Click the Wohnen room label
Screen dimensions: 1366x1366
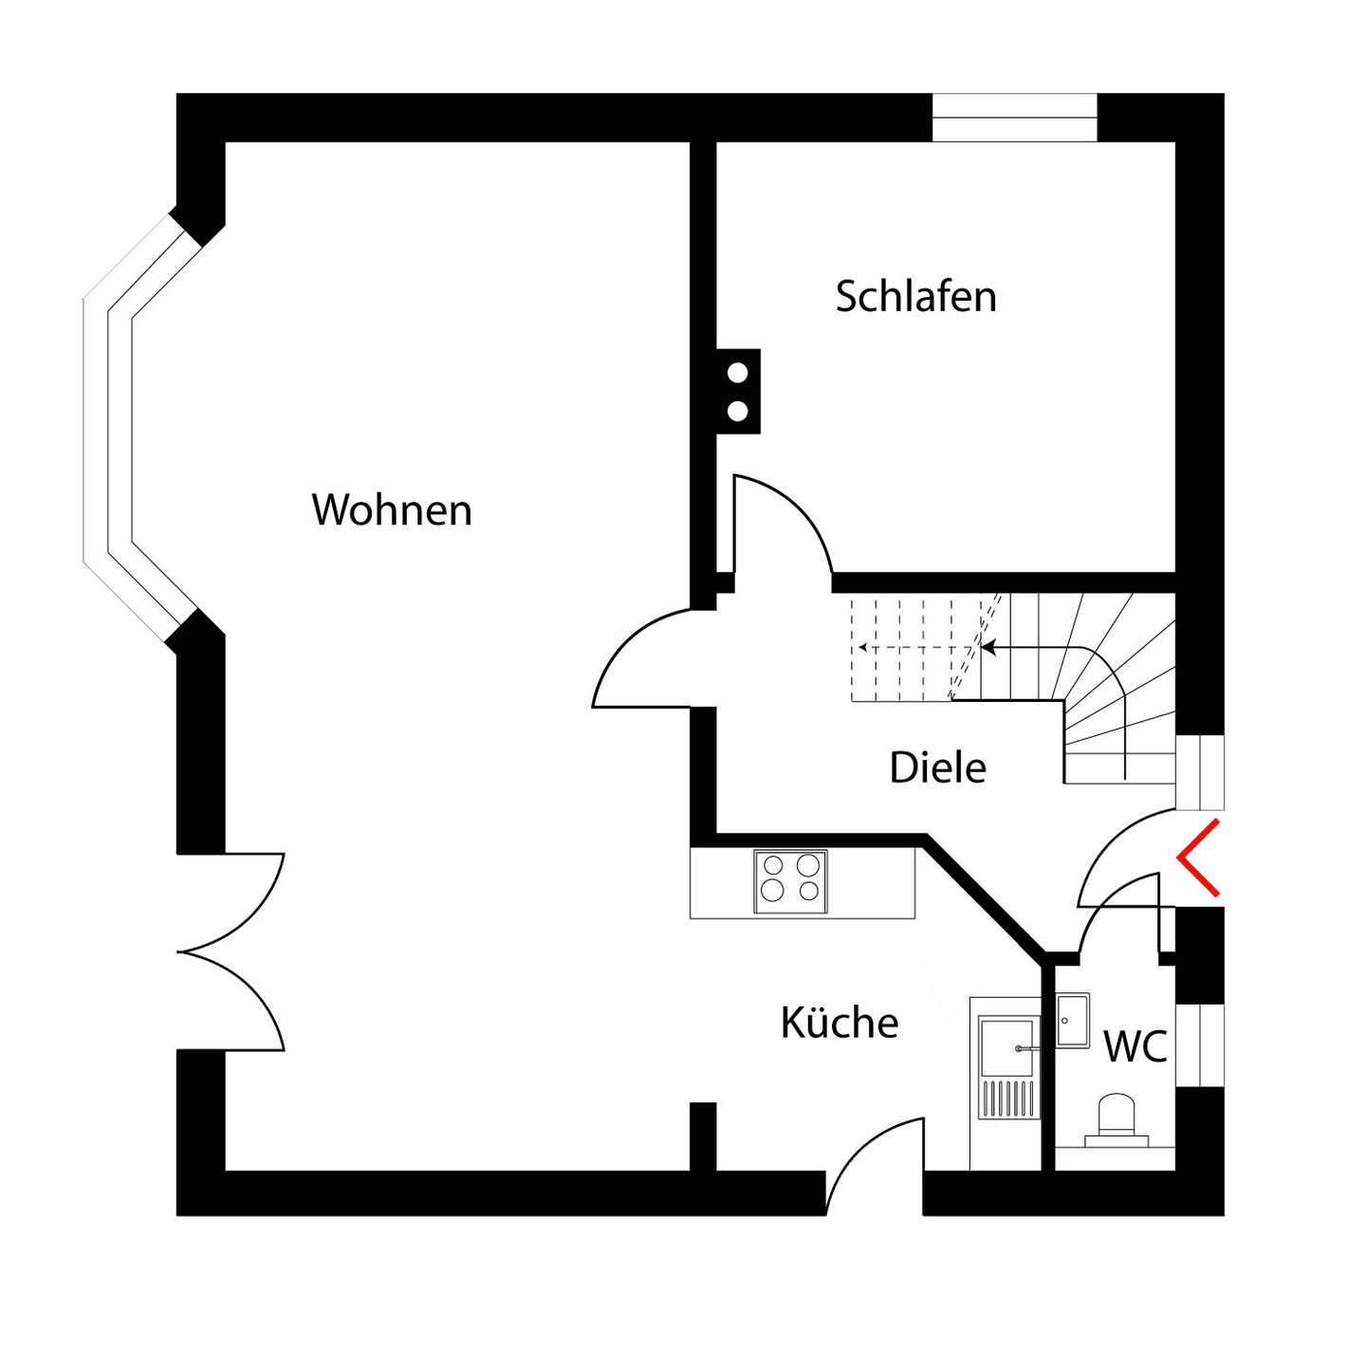392,510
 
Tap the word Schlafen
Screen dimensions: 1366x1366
915,297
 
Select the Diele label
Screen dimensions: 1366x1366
937,767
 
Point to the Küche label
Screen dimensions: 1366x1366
840,1023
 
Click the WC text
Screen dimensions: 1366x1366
1135,1047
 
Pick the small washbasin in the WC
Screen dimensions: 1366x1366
1073,1020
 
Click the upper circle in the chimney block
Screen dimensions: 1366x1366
737,373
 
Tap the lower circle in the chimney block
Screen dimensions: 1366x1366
737,412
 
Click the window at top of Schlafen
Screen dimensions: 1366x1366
1014,118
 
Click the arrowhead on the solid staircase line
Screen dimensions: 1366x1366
988,648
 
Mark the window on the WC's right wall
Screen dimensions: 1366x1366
1200,1043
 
